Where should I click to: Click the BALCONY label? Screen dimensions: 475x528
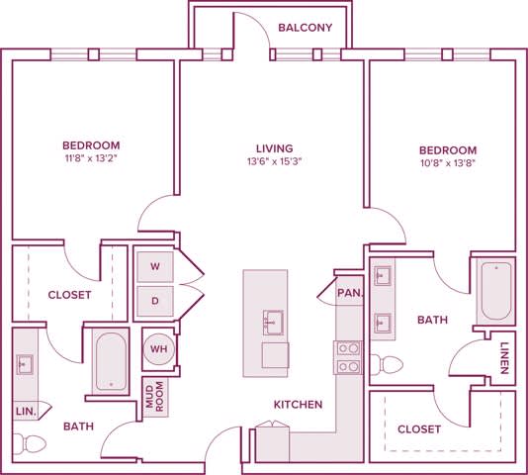tap(306, 28)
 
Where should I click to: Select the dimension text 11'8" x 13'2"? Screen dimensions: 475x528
tap(91, 157)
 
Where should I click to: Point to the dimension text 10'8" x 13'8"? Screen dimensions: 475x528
tap(447, 164)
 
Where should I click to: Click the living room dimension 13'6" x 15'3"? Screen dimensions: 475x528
tap(271, 164)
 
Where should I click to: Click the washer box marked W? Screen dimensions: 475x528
tap(154, 266)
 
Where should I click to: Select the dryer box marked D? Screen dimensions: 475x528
tap(154, 299)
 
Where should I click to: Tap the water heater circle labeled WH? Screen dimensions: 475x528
tap(157, 348)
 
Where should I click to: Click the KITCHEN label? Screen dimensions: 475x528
tap(299, 405)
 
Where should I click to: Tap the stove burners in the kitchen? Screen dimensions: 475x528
tap(348, 357)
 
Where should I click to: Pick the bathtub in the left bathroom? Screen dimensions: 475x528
tap(109, 361)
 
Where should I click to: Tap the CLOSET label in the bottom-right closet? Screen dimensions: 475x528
tap(419, 429)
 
